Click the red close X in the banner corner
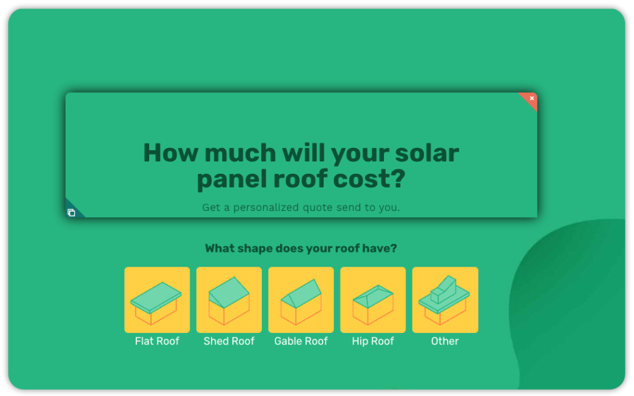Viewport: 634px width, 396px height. pos(531,98)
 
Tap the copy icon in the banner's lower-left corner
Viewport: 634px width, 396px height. pos(71,213)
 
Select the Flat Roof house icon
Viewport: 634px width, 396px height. pos(157,300)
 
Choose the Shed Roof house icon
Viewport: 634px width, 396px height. pos(229,300)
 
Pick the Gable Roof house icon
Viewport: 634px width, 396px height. pos(301,300)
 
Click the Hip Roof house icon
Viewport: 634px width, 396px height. pos(373,300)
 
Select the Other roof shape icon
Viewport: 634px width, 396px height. pos(445,300)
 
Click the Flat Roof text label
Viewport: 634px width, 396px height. pos(157,341)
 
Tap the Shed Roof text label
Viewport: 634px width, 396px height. pos(229,341)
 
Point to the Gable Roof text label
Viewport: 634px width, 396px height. pos(301,341)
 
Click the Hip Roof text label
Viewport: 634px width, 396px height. pos(373,341)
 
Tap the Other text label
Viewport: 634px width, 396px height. pos(445,341)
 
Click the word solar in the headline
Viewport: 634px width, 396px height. pos(427,152)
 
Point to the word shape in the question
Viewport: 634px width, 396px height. pos(253,249)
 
